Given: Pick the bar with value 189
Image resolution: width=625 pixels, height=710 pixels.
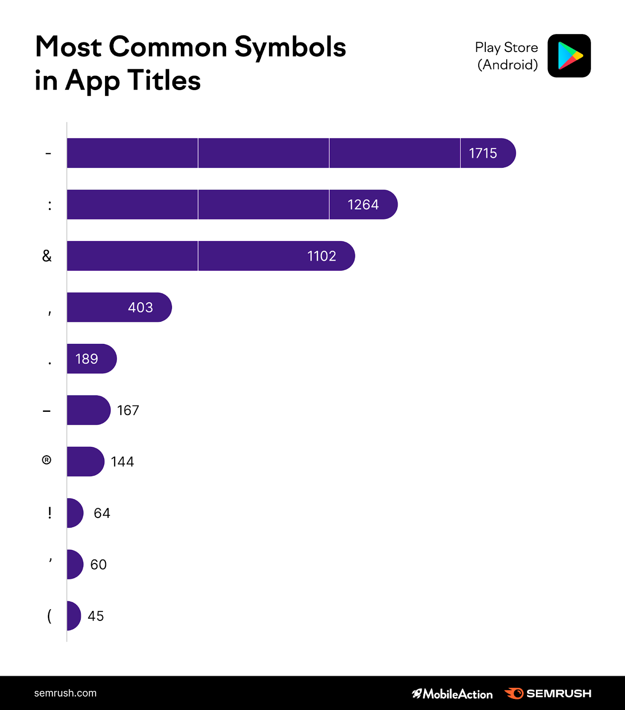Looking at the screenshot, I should [91, 359].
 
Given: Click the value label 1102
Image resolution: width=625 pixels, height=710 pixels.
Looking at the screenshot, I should [321, 256].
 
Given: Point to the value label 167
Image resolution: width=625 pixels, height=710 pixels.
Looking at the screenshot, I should [128, 410].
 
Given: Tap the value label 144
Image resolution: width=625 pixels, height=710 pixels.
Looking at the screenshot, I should [122, 461].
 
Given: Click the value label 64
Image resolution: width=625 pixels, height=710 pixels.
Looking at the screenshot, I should [102, 513].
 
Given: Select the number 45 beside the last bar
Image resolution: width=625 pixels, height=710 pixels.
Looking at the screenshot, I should [96, 616].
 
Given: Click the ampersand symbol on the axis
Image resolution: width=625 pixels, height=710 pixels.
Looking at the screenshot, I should [47, 256].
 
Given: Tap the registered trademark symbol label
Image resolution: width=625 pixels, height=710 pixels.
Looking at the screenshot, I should [47, 460].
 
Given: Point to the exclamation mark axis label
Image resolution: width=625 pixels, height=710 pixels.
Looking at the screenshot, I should [50, 513].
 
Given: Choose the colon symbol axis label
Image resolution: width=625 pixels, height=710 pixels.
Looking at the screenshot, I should [50, 205].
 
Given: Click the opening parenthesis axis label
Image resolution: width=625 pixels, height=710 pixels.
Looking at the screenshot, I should [49, 615].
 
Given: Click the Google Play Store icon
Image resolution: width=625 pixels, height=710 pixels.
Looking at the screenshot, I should [569, 56].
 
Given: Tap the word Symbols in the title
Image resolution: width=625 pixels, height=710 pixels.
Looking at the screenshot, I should [290, 47].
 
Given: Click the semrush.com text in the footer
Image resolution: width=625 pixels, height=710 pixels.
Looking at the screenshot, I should [65, 693].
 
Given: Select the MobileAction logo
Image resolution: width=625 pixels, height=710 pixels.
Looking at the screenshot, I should [452, 694].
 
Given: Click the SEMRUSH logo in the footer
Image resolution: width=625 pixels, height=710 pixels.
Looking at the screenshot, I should [548, 693].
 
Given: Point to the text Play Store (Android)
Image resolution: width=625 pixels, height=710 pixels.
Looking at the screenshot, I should [507, 56].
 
